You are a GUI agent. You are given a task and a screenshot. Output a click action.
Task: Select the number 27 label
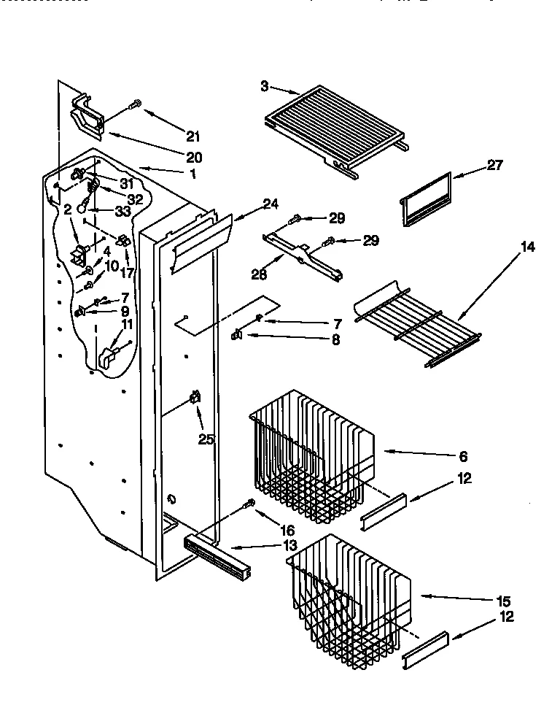pos(494,166)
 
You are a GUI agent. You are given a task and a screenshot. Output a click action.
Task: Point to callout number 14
pos(527,247)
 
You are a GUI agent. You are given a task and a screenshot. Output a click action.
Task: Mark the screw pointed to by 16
pos(250,502)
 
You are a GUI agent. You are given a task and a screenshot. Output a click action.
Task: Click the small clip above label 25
pos(195,398)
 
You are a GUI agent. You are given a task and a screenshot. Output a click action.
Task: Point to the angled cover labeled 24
pos(198,238)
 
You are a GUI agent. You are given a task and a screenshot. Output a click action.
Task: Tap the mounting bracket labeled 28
pos(303,255)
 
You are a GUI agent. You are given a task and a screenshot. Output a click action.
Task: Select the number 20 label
pos(193,157)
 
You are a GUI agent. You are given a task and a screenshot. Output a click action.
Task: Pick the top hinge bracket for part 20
pos(87,115)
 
